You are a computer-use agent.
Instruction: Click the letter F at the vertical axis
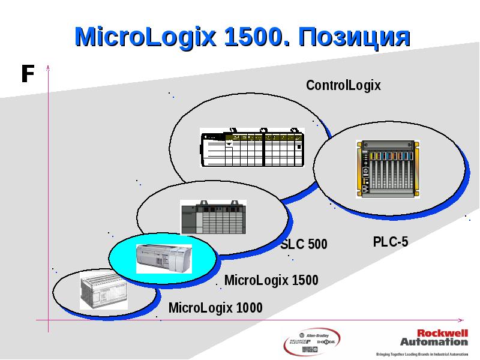tap(26, 74)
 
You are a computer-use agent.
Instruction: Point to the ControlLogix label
tap(343, 85)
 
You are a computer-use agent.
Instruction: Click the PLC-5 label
tap(390, 242)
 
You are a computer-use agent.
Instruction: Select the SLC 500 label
tap(304, 244)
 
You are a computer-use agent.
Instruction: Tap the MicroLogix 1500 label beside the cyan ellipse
tap(271, 280)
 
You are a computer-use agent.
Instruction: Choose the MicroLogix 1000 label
tap(215, 308)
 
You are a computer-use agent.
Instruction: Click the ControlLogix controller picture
tap(252, 148)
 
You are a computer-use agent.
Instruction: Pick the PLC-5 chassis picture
tap(386, 169)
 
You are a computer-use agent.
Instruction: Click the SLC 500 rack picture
tap(213, 218)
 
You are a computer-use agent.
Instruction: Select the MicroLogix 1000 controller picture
tap(103, 292)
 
